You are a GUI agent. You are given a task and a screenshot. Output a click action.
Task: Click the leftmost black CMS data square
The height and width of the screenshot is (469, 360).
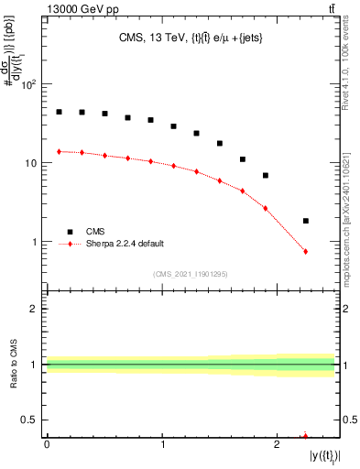tap(59, 112)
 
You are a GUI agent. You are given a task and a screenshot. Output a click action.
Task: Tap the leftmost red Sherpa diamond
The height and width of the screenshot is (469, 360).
tap(59, 151)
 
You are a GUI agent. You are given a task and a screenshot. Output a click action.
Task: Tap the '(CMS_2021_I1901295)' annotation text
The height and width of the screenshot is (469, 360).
tap(191, 274)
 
